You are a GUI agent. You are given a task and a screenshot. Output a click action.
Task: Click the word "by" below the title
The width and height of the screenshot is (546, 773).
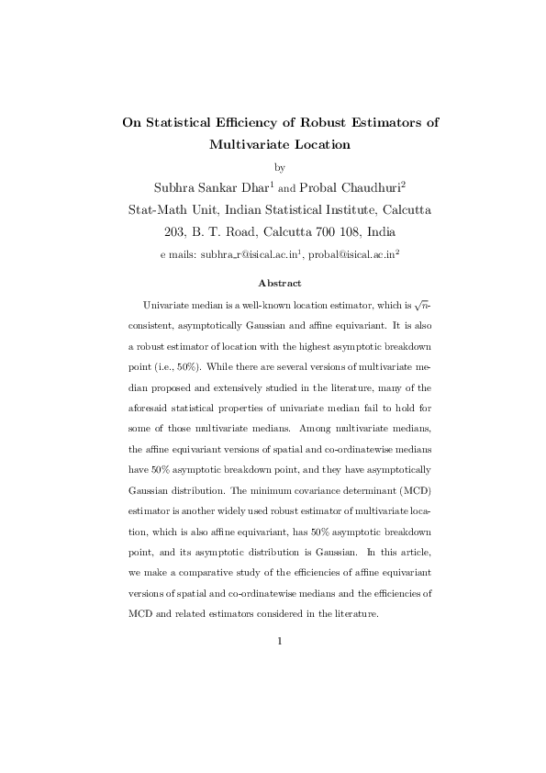pos(281,167)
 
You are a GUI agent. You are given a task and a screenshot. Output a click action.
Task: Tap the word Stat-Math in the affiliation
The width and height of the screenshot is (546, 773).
pos(158,209)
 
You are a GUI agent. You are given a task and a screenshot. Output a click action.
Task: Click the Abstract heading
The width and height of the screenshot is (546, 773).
pos(280,283)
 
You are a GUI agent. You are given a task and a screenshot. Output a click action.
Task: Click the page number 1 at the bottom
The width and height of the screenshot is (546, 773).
pos(280,640)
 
